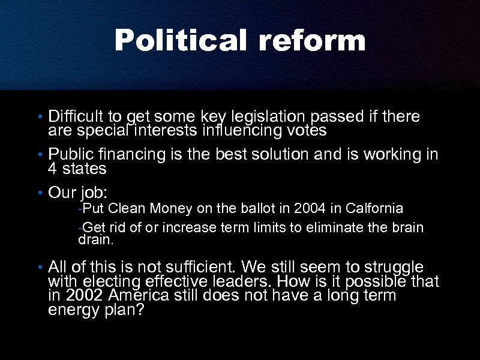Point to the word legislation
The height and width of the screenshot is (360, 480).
258,116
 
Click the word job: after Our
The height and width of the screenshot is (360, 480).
93,193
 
